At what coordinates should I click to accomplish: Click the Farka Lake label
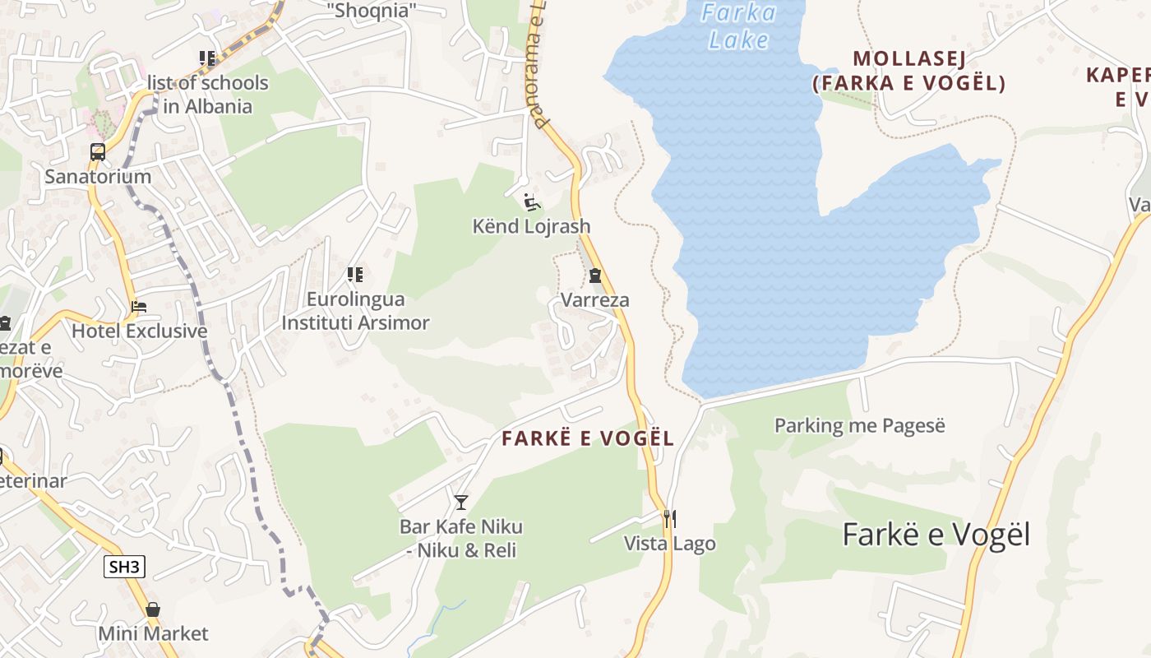point(738,26)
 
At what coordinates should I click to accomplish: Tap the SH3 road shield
point(125,566)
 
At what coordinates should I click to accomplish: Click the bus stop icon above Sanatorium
point(98,152)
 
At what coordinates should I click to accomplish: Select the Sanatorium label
point(98,176)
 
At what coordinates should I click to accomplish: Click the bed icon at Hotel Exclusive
point(139,307)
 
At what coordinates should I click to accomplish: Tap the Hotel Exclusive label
point(139,331)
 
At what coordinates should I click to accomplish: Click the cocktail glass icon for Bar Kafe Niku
point(461,502)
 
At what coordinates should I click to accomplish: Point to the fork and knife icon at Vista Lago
point(669,518)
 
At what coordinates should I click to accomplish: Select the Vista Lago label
point(669,544)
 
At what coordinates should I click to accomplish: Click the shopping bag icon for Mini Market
point(153,609)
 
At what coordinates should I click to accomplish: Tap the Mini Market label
point(153,634)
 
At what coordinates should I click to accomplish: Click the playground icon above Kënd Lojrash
point(531,202)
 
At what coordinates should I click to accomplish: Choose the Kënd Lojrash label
point(531,226)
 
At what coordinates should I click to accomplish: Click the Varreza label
point(595,300)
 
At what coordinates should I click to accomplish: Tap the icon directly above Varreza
point(595,276)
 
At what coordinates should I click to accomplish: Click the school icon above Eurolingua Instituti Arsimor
point(355,274)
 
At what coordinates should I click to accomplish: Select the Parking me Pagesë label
point(860,425)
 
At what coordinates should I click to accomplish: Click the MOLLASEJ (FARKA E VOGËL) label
point(908,71)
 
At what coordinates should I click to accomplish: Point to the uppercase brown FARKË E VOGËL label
point(588,438)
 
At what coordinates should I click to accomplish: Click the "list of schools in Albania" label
point(207,95)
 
